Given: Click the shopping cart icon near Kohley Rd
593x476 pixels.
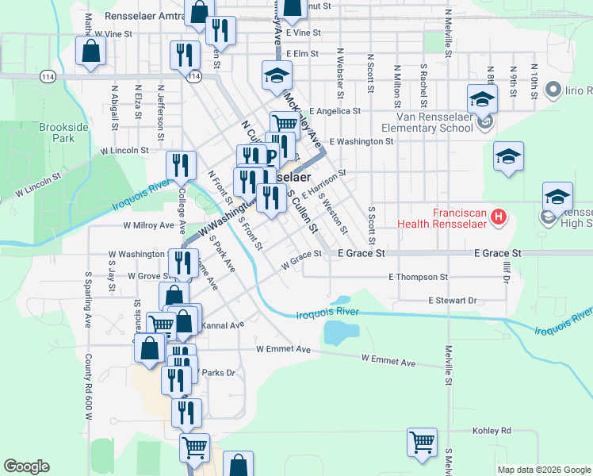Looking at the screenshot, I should click(x=423, y=441).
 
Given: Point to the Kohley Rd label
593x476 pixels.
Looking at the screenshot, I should click(x=495, y=431).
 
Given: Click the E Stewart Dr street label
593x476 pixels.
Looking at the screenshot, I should click(x=452, y=301).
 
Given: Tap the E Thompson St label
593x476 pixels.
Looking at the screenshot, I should click(x=418, y=277).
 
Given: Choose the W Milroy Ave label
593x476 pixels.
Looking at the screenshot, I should click(x=148, y=225).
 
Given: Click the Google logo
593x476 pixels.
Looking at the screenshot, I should click(x=26, y=466).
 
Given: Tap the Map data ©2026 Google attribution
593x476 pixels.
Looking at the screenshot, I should click(x=544, y=470).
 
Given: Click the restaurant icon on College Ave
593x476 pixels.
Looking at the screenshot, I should click(x=181, y=165).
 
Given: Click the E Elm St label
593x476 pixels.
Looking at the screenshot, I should click(x=302, y=54).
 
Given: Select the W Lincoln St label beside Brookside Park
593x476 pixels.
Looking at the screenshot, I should click(x=124, y=150).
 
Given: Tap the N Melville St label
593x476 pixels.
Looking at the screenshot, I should click(x=448, y=32).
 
